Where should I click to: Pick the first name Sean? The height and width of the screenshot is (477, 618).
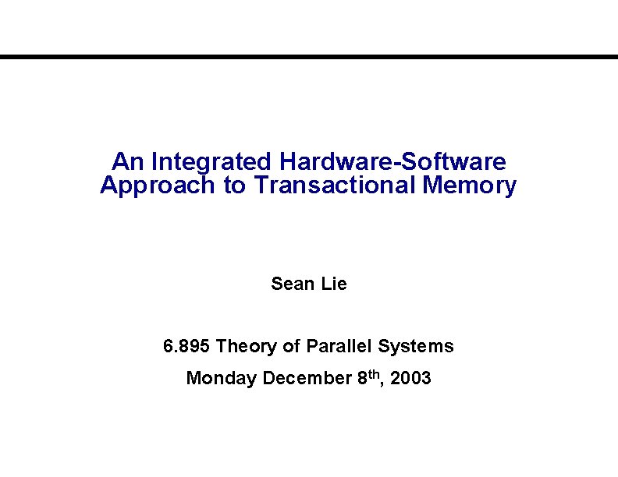[291, 284]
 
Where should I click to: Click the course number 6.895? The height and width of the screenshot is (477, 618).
[186, 345]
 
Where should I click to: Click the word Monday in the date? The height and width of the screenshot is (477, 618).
[222, 379]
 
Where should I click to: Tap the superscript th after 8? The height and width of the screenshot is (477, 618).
[375, 374]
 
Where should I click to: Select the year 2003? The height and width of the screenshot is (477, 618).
[410, 379]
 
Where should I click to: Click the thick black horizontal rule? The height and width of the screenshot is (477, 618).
[309, 57]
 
